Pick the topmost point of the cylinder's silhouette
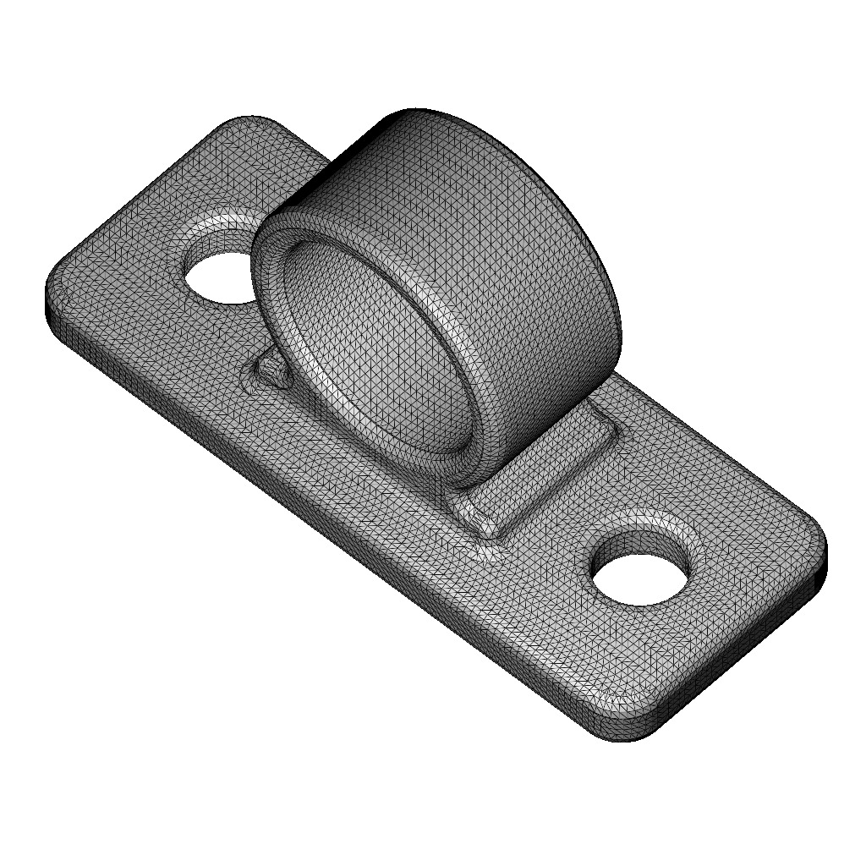pyautogui.click(x=414, y=110)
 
